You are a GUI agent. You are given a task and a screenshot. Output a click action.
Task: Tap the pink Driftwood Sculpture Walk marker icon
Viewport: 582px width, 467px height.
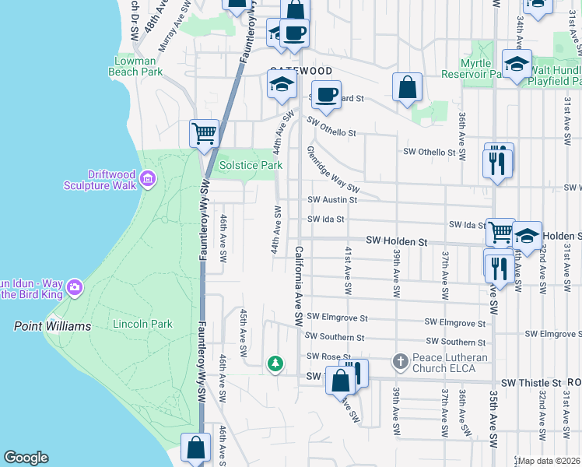point(148,181)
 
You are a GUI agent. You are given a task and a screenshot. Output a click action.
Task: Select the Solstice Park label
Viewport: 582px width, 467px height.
point(250,165)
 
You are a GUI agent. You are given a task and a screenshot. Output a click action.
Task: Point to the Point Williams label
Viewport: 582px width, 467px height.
point(52,326)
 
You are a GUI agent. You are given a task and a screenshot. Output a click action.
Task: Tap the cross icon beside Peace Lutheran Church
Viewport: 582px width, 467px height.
point(400,362)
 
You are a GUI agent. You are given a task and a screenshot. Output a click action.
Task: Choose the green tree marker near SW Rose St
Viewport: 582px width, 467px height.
point(274,363)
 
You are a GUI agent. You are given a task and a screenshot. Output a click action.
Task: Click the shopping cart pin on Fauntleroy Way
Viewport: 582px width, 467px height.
point(204,132)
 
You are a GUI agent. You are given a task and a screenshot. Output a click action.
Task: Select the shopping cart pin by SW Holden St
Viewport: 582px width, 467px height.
point(501,231)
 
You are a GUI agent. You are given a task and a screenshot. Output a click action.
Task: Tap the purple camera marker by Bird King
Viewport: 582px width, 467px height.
point(75,286)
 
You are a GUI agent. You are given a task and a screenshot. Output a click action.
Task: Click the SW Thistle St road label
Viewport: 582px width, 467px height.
point(531,383)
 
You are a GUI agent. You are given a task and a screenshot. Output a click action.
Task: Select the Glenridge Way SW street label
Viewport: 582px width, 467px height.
point(333,169)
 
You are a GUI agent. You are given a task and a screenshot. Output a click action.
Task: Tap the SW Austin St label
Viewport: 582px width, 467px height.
point(332,199)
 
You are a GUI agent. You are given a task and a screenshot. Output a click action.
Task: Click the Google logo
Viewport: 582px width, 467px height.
point(26,458)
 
